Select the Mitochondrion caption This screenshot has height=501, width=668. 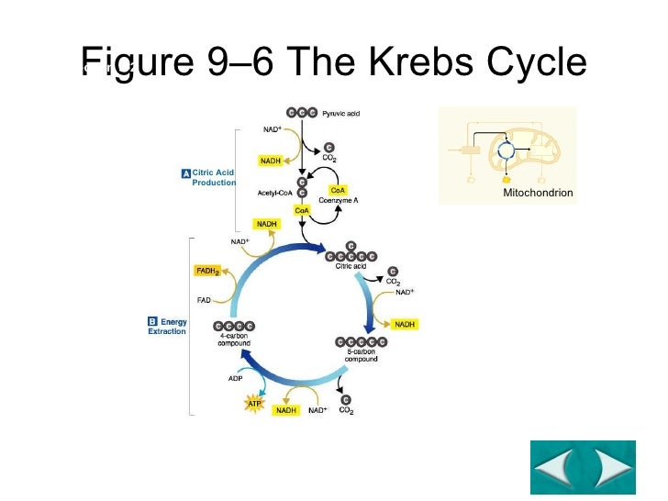(538, 194)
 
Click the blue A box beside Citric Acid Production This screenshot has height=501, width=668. (185, 173)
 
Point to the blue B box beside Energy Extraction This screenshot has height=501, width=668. (152, 322)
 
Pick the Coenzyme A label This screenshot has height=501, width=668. (339, 199)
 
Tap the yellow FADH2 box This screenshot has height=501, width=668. (206, 271)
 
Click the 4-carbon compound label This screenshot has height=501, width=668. (233, 340)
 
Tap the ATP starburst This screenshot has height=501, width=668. (254, 401)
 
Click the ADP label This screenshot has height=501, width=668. (236, 377)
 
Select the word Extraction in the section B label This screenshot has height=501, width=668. (167, 331)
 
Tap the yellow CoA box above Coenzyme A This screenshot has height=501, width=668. (338, 190)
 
